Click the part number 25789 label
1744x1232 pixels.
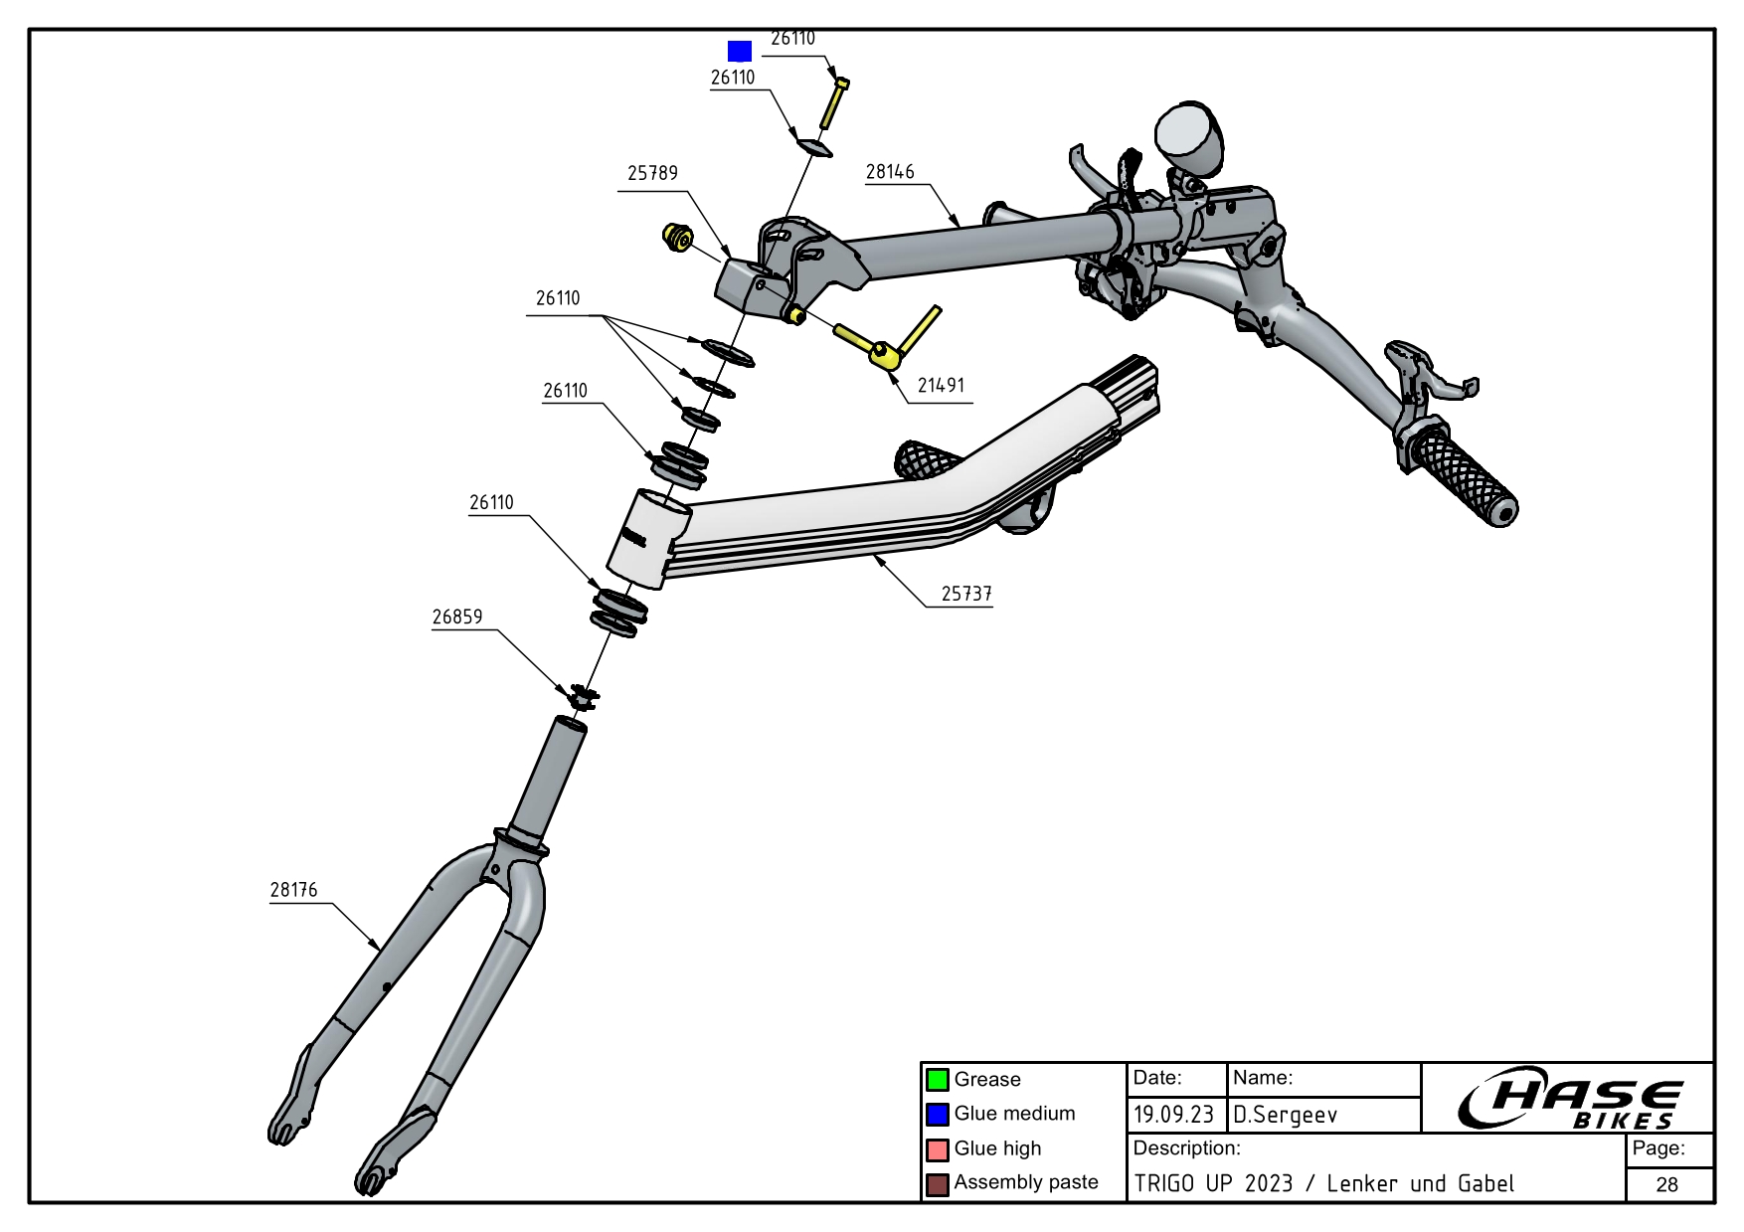coord(652,173)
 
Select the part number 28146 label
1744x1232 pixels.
coord(890,171)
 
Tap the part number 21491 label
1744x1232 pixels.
coord(941,385)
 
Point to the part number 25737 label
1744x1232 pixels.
coord(966,594)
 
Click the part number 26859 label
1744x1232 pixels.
coord(456,616)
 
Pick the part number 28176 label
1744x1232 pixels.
coord(293,890)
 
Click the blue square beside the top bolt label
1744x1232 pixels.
coord(739,51)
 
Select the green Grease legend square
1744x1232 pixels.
coord(937,1080)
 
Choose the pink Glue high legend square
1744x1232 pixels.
coord(937,1149)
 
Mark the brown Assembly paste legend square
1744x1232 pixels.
coord(937,1184)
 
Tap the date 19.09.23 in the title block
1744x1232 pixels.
coord(1174,1115)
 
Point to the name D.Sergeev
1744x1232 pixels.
coord(1286,1115)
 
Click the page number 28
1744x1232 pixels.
coord(1667,1184)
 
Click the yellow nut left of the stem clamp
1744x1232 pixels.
coord(678,238)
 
